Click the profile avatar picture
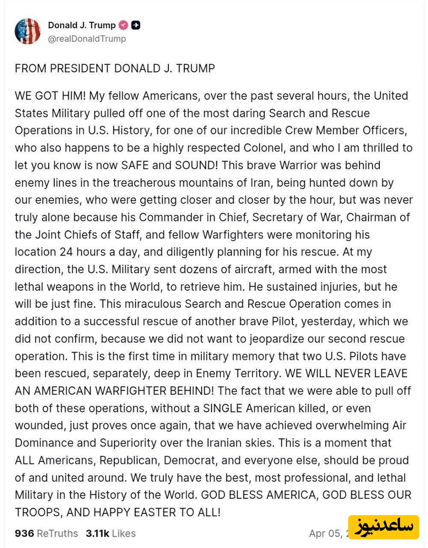click(27, 32)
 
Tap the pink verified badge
click(124, 26)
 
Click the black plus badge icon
click(136, 26)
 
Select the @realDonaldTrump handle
click(87, 39)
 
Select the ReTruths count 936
click(24, 533)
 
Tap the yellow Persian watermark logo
click(383, 527)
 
